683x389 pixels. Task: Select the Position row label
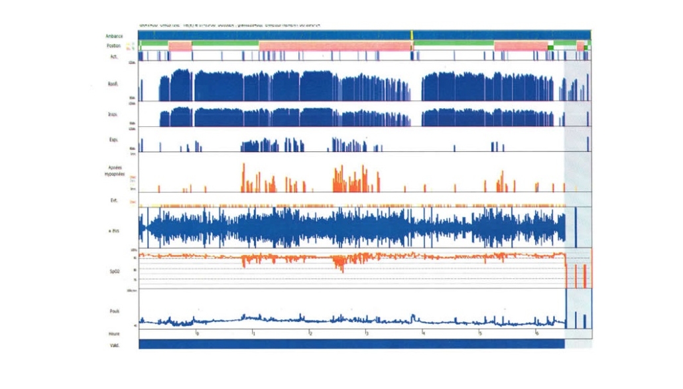(x=113, y=46)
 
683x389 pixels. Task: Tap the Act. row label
(x=114, y=56)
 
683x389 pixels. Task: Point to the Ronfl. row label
(x=113, y=84)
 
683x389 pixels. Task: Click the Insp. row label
(x=113, y=114)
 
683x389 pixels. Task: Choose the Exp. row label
(x=113, y=141)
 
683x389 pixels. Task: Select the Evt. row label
(x=114, y=200)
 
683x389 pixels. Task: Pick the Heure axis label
(x=114, y=333)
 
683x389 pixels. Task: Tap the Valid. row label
(x=114, y=345)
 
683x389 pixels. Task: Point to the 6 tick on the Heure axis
(x=536, y=333)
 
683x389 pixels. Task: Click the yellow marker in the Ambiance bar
(x=412, y=35)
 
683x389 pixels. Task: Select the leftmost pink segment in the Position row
(x=180, y=46)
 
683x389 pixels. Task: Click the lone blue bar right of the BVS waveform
(x=576, y=227)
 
